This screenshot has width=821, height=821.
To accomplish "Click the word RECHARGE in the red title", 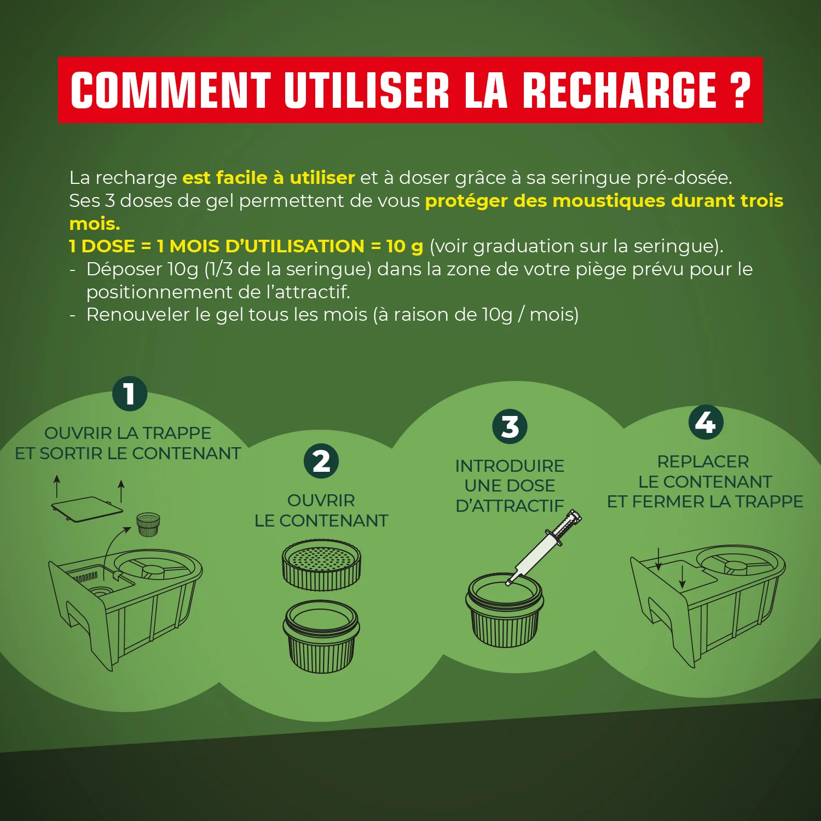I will point(619,90).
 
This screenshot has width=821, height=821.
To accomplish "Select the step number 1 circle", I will point(130,394).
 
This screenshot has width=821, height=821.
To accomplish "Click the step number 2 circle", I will point(321,461).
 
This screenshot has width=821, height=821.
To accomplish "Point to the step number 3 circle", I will point(510,426).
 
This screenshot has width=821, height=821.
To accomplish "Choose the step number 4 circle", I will point(706,422).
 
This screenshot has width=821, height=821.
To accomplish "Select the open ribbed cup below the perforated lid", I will point(321,638).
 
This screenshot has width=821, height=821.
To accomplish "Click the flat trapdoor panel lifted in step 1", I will point(88,509).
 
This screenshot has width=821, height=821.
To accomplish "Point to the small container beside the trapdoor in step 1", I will point(148,524).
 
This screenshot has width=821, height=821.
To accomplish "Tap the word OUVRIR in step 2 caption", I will point(321,500).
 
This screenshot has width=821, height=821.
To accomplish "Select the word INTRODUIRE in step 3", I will point(510,466).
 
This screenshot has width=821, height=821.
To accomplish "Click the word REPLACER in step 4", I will point(703,461).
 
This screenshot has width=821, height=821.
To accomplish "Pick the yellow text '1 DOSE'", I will point(102,246).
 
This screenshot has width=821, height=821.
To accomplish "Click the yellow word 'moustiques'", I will point(609,201).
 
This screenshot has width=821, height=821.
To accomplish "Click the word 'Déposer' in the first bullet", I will point(124,269).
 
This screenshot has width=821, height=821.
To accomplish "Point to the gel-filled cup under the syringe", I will point(504,610).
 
